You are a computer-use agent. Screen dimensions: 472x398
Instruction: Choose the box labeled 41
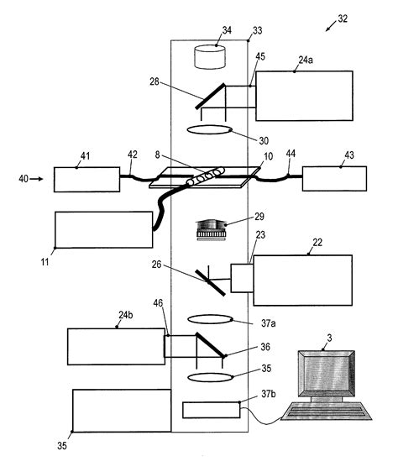pyautogui.click(x=86, y=180)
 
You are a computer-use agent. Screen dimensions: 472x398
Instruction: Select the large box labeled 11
pyautogui.click(x=102, y=229)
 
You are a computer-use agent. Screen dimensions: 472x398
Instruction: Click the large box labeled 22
pyautogui.click(x=302, y=286)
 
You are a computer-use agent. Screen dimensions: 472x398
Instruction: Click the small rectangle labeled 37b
pyautogui.click(x=210, y=410)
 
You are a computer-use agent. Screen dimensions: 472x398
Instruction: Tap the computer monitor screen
pyautogui.click(x=323, y=370)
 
